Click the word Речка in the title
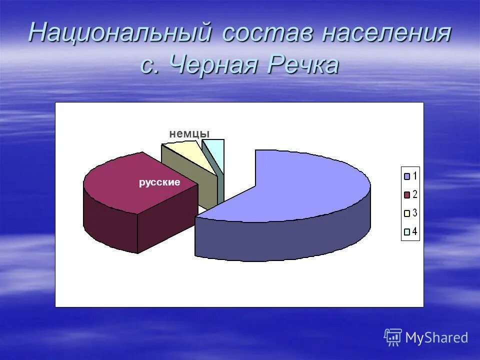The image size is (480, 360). tap(302, 64)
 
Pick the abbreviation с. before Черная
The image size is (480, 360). tap(148, 65)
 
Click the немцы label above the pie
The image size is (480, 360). tap(189, 133)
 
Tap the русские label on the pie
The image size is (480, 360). tap(159, 182)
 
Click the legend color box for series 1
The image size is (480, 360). tap(407, 176)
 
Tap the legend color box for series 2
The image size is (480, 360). tap(407, 194)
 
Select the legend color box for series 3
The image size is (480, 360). tap(407, 213)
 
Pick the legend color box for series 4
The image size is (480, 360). tap(407, 231)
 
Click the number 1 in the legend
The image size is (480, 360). tap(415, 176)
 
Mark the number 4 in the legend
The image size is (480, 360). tap(415, 231)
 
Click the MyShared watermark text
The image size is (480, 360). tap(436, 338)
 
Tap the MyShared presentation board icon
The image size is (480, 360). tap(393, 337)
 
